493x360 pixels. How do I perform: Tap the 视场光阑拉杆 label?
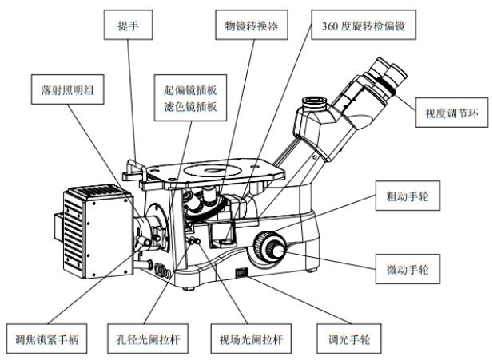[x=250, y=337]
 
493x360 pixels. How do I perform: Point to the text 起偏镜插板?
[x=189, y=89]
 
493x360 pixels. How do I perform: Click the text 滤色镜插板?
[x=189, y=105]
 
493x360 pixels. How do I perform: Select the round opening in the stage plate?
[x=212, y=169]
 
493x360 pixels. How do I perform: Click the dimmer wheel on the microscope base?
[x=241, y=274]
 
